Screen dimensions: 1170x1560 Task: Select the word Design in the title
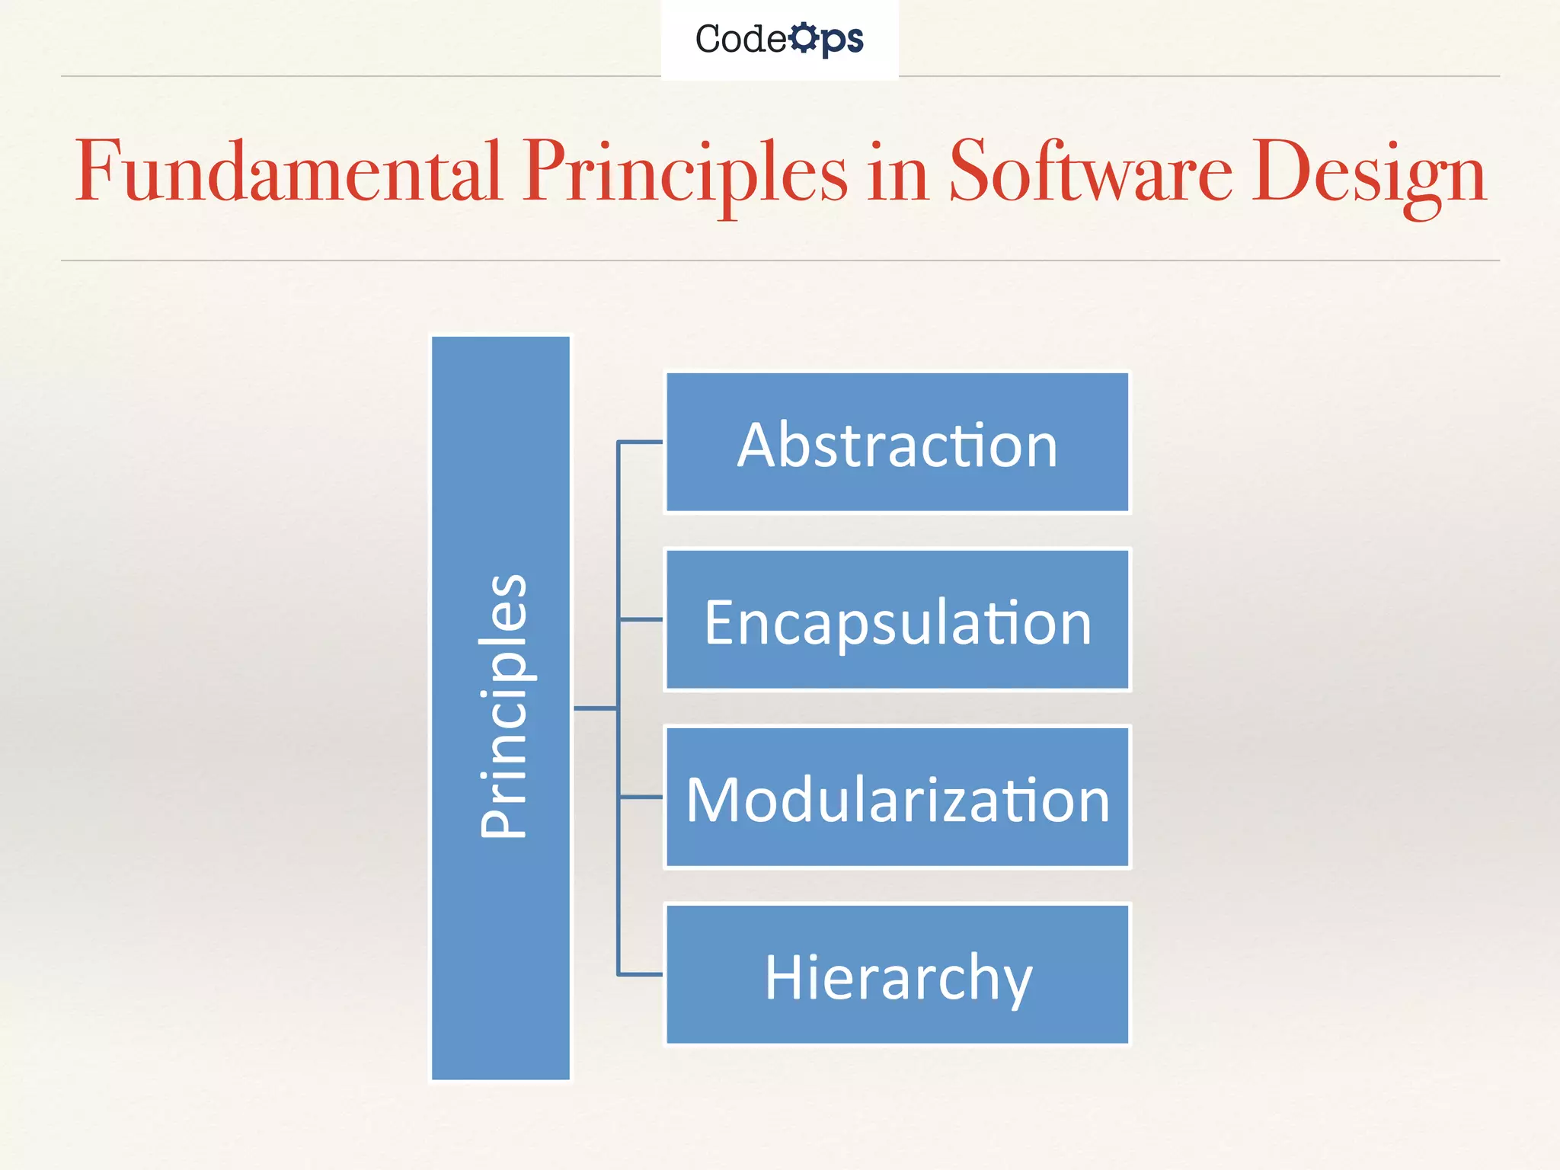click(1369, 174)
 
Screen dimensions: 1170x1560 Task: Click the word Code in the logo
click(740, 39)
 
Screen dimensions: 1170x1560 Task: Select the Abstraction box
click(897, 443)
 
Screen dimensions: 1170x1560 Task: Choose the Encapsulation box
click(897, 620)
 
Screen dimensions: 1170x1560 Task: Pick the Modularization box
click(897, 798)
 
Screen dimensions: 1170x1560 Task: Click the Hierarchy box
click(897, 975)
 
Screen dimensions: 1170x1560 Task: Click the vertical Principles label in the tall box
click(502, 706)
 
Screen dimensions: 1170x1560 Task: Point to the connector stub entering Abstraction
click(641, 442)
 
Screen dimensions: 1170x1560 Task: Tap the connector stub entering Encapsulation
click(641, 620)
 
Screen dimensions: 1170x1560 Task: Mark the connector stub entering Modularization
click(641, 798)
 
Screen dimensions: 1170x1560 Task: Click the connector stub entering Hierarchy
click(641, 974)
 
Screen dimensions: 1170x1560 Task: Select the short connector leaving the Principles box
click(595, 708)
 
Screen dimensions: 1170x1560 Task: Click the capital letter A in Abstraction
click(759, 445)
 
